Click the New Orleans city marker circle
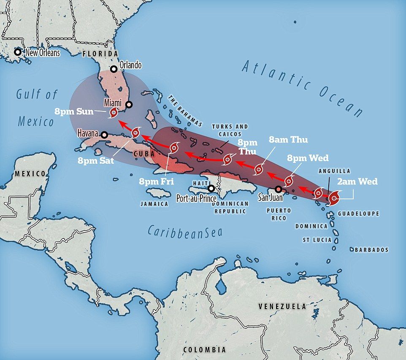pos(17,52)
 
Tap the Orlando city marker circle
pos(114,69)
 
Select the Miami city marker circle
pos(129,105)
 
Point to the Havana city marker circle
pos(104,135)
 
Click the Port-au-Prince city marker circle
pos(211,188)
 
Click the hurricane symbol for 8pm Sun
pos(113,113)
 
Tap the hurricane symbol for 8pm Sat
pos(135,133)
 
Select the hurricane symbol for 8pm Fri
pos(174,147)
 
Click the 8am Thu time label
pos(289,140)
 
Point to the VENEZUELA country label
pos(282,306)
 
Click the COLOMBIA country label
pos(204,349)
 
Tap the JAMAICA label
pos(154,203)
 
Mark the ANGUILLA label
pos(335,171)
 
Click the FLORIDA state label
pos(100,54)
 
